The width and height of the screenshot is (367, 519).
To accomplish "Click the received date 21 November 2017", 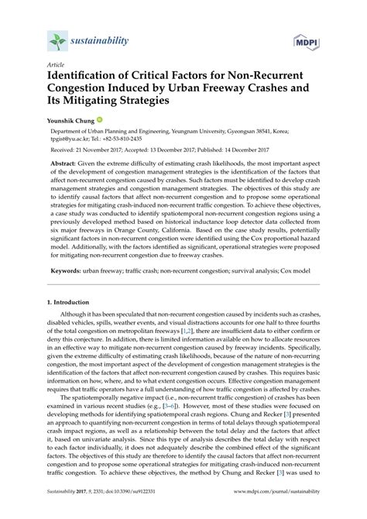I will [x=114, y=150].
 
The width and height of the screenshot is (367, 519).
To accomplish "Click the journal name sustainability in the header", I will [x=99, y=39].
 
